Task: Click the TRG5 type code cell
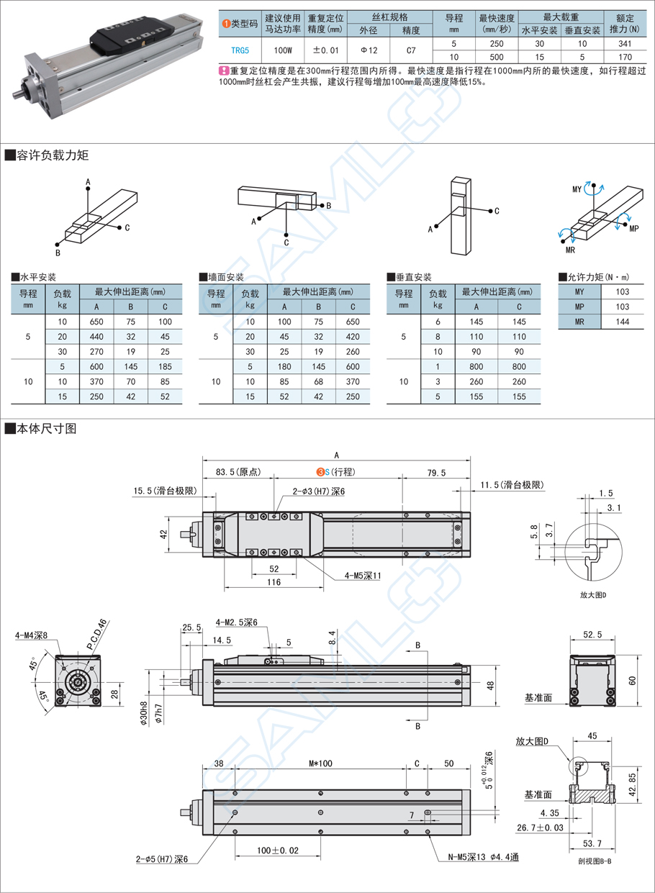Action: (x=240, y=50)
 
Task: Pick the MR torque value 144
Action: (x=623, y=322)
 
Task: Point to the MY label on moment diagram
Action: (x=577, y=189)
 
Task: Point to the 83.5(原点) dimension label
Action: (x=238, y=473)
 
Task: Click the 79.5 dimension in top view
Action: (x=436, y=473)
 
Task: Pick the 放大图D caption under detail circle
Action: (x=594, y=595)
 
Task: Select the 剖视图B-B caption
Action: (x=594, y=861)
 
